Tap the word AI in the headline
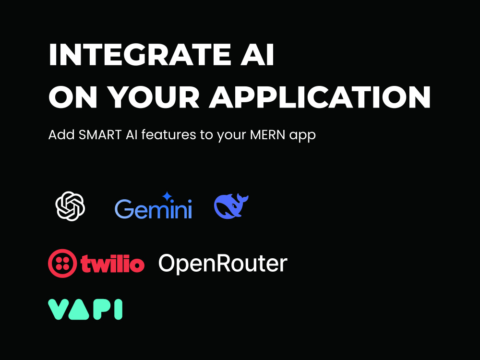(257, 55)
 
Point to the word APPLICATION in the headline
(320, 97)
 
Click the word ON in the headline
(73, 97)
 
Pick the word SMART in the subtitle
(100, 135)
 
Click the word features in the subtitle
(168, 135)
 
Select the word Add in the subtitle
(61, 135)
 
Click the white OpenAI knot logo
(70, 206)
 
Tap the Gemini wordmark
(153, 208)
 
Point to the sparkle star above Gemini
(167, 196)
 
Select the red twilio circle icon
(62, 263)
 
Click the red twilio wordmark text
(112, 263)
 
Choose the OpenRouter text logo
(223, 264)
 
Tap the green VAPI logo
(85, 310)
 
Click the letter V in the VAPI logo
(58, 310)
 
